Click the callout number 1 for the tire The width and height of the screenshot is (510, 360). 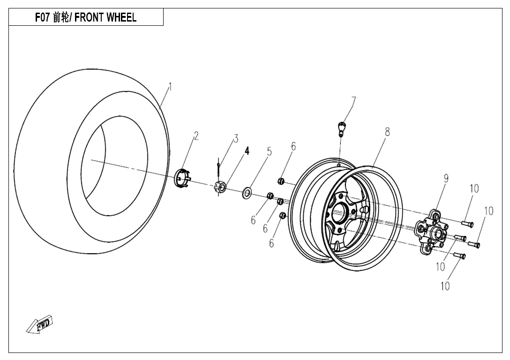171,86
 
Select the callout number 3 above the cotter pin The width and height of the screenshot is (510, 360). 236,138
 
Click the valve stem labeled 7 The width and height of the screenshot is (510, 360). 341,127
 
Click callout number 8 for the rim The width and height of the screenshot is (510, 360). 387,132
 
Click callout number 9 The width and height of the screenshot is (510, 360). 446,178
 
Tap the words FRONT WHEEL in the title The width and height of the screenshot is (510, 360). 108,18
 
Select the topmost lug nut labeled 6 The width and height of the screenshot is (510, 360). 280,180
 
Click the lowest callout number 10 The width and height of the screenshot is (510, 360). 445,285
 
